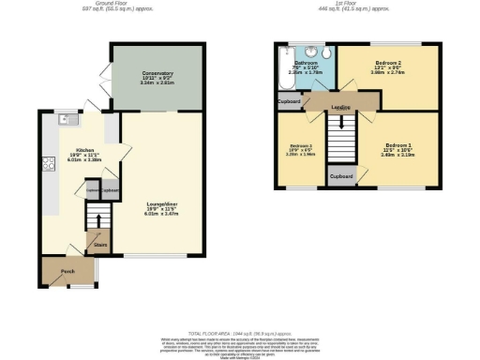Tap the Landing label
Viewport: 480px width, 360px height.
(x=341, y=108)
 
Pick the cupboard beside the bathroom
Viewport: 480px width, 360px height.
(x=290, y=100)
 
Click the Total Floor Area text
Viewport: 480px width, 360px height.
(x=240, y=333)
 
